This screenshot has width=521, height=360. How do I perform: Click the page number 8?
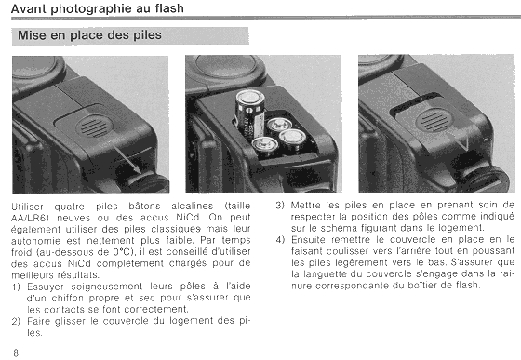pyautogui.click(x=16, y=353)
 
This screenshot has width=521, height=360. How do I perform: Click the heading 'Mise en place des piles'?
pyautogui.click(x=89, y=34)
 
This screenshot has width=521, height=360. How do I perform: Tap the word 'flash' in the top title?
pyautogui.click(x=169, y=8)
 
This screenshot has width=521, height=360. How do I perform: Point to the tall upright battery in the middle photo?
pyautogui.click(x=249, y=113)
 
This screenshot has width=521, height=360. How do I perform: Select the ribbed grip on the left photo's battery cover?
pyautogui.click(x=95, y=127)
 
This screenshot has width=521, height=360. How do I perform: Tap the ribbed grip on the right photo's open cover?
pyautogui.click(x=434, y=120)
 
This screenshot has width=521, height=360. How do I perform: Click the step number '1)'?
pyautogui.click(x=16, y=287)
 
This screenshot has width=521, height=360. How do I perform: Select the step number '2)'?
pyautogui.click(x=16, y=321)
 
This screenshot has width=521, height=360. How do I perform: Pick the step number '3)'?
pyautogui.click(x=280, y=205)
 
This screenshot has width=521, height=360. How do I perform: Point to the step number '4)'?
pyautogui.click(x=280, y=239)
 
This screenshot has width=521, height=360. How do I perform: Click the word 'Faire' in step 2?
pyautogui.click(x=37, y=321)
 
